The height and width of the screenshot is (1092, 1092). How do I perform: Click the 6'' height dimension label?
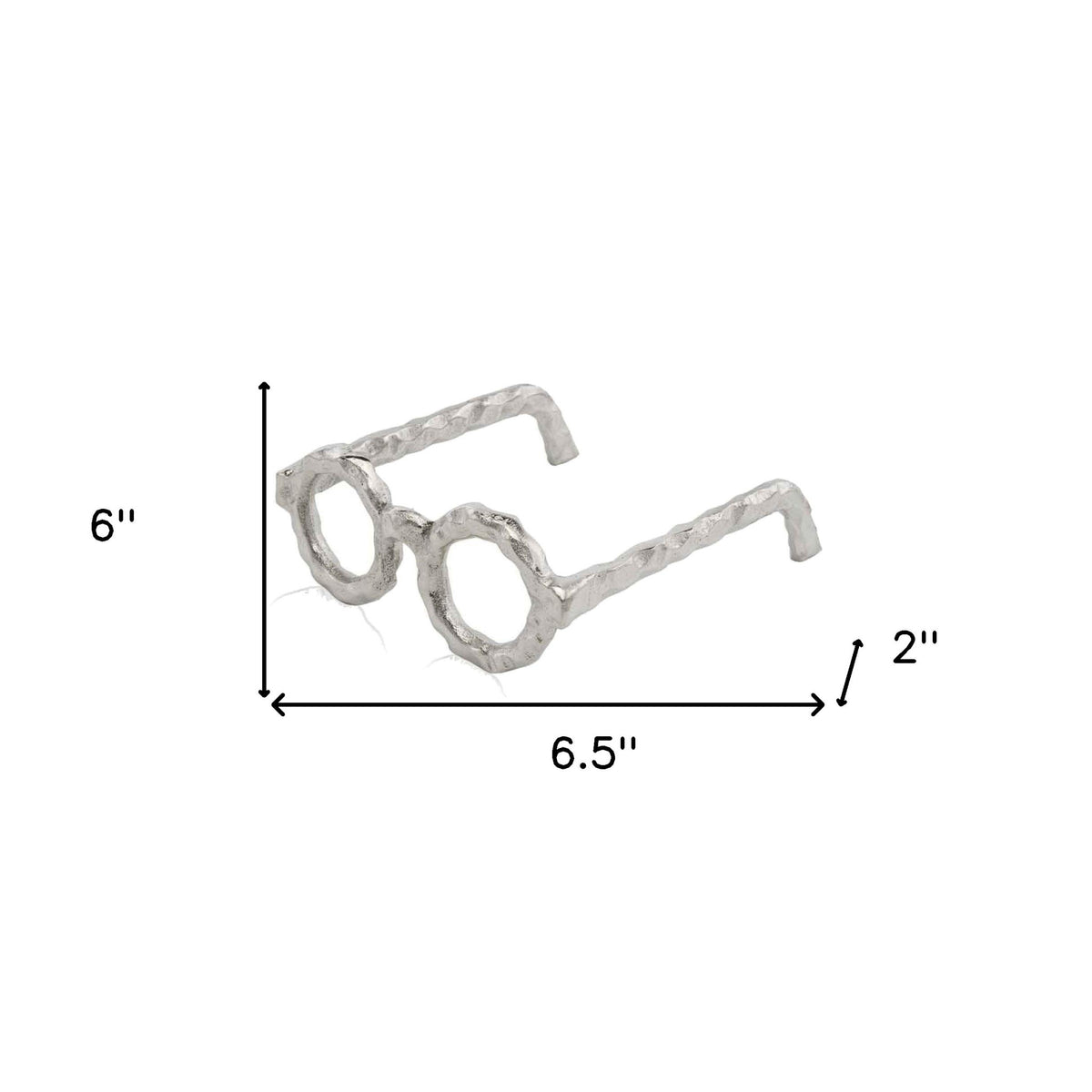click(113, 525)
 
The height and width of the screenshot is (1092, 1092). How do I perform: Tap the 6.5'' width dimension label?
click(594, 753)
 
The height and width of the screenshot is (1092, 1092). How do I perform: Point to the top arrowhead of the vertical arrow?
click(264, 387)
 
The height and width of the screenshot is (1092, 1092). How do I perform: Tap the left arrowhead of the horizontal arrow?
click(277, 705)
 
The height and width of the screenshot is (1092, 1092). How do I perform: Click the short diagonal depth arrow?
click(850, 672)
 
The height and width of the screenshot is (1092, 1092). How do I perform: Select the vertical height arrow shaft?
click(264, 540)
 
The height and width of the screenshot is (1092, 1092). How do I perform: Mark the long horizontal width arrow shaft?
click(548, 705)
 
